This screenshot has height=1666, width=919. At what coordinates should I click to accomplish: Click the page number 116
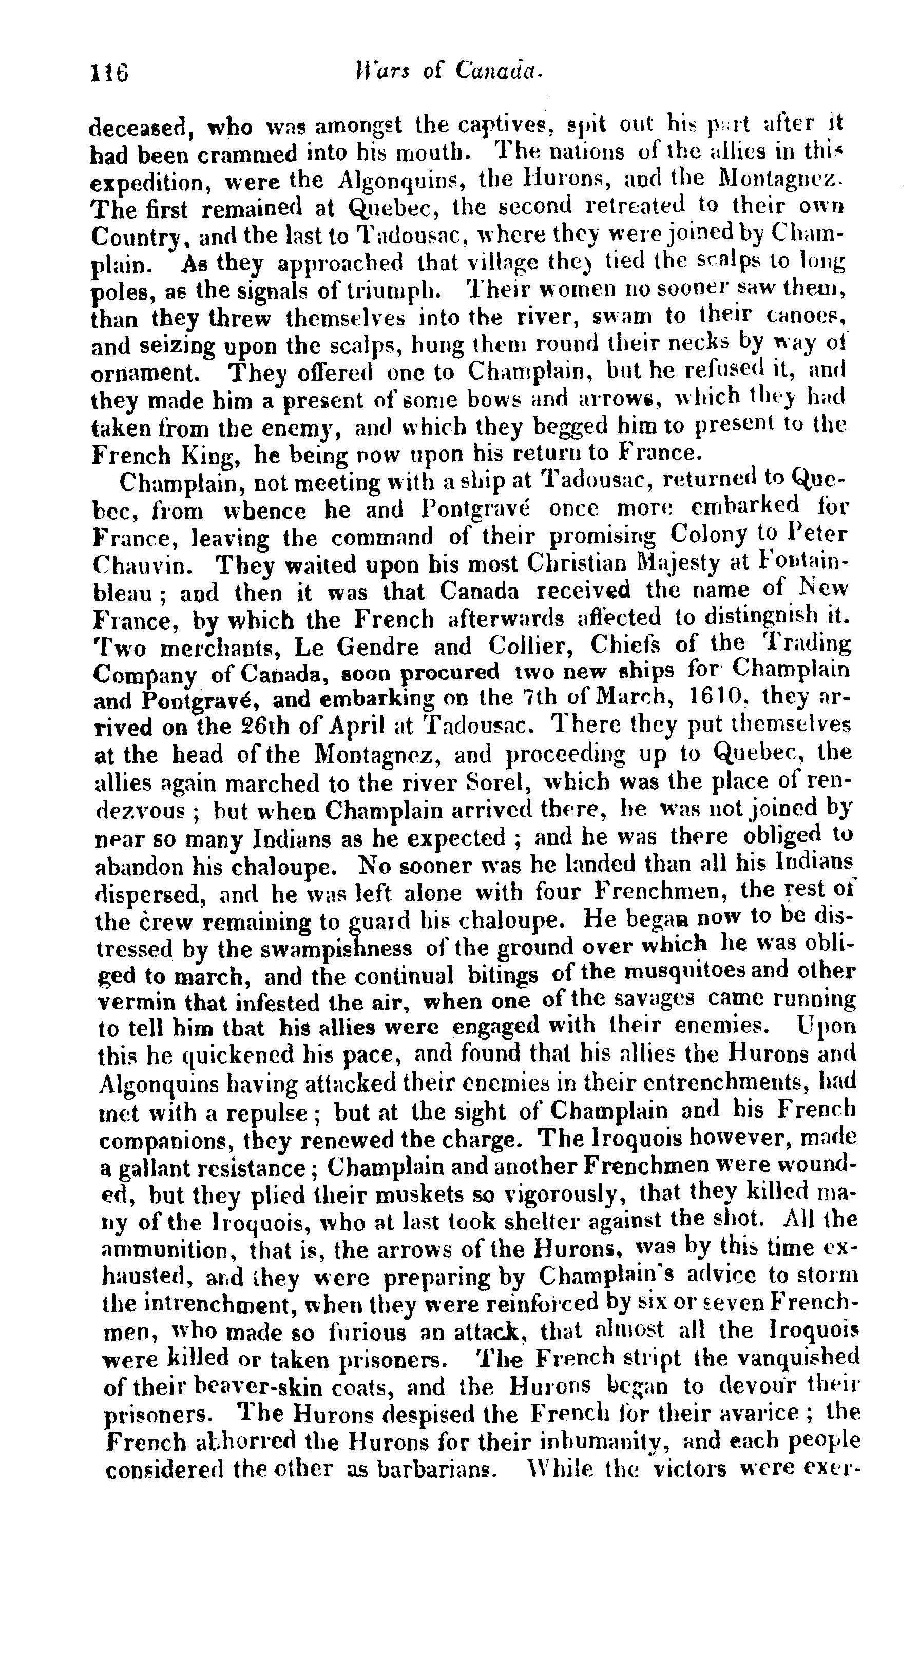[x=109, y=72]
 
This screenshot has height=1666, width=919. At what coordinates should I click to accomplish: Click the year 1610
[x=711, y=697]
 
